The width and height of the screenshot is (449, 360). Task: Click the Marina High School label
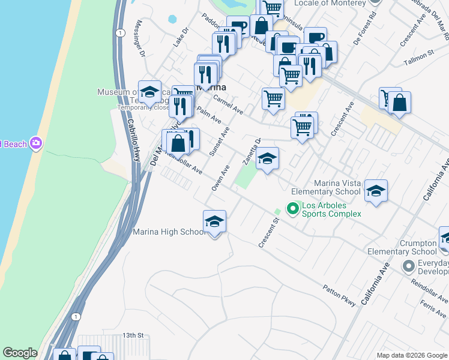click(169, 232)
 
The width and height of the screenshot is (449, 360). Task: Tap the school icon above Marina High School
click(214, 222)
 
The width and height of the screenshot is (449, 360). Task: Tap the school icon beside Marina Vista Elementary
click(376, 191)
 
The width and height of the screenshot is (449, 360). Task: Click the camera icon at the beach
click(36, 143)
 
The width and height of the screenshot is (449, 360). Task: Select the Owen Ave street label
click(220, 179)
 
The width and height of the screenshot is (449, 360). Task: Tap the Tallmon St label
click(419, 55)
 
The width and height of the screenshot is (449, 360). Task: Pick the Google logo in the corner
click(20, 353)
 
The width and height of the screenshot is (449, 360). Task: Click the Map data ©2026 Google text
click(411, 355)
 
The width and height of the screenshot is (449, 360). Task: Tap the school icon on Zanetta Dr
click(268, 159)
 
